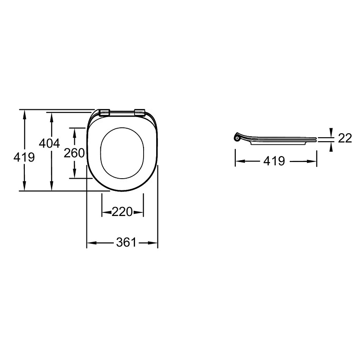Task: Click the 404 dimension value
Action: coord(49,144)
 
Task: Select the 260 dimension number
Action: coord(74,153)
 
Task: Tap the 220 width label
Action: coord(122,211)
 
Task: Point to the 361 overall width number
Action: coord(126,243)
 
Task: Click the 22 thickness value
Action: coord(345,138)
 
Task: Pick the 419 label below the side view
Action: coord(274,161)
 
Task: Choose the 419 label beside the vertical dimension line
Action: coord(24,157)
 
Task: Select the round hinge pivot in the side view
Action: coord(237,138)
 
